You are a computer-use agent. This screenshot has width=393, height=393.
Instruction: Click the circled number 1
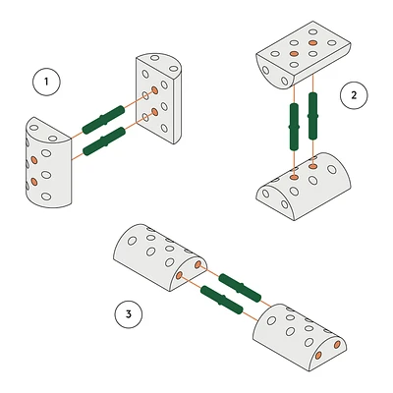coord(46,82)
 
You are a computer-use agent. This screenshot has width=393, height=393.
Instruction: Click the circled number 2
coord(354,95)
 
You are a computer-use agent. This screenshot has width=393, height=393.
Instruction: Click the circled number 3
coord(129,314)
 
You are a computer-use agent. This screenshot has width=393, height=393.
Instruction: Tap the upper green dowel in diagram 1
coord(103,120)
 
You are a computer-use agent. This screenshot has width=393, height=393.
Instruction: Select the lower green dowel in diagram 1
coord(104,141)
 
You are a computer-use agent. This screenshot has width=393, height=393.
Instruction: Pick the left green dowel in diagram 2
coord(294,127)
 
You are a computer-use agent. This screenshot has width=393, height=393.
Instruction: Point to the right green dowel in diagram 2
coord(313,116)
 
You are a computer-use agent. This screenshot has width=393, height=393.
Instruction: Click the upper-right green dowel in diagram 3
coord(240,288)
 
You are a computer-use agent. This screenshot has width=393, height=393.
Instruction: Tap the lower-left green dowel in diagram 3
coord(222,300)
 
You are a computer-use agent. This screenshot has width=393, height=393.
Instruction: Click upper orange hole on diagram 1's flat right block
coord(155,90)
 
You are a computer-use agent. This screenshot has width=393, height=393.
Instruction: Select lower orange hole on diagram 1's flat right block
coord(155,112)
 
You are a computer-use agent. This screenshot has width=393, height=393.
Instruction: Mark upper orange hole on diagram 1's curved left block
coord(33,160)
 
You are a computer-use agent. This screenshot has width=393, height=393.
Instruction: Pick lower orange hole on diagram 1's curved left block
coord(33,181)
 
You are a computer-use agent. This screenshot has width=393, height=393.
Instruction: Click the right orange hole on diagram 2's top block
coord(312,42)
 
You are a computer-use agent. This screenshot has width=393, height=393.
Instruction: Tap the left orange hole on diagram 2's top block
coord(294,53)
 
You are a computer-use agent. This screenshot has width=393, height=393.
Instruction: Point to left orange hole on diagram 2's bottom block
coord(294,178)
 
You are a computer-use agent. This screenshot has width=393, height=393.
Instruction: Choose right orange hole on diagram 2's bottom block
coord(313,167)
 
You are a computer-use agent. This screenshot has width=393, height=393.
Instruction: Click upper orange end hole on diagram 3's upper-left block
coord(197,264)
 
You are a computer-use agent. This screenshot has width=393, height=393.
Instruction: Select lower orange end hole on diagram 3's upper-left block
coord(179,276)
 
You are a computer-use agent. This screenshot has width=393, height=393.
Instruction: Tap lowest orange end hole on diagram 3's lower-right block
coord(318,356)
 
